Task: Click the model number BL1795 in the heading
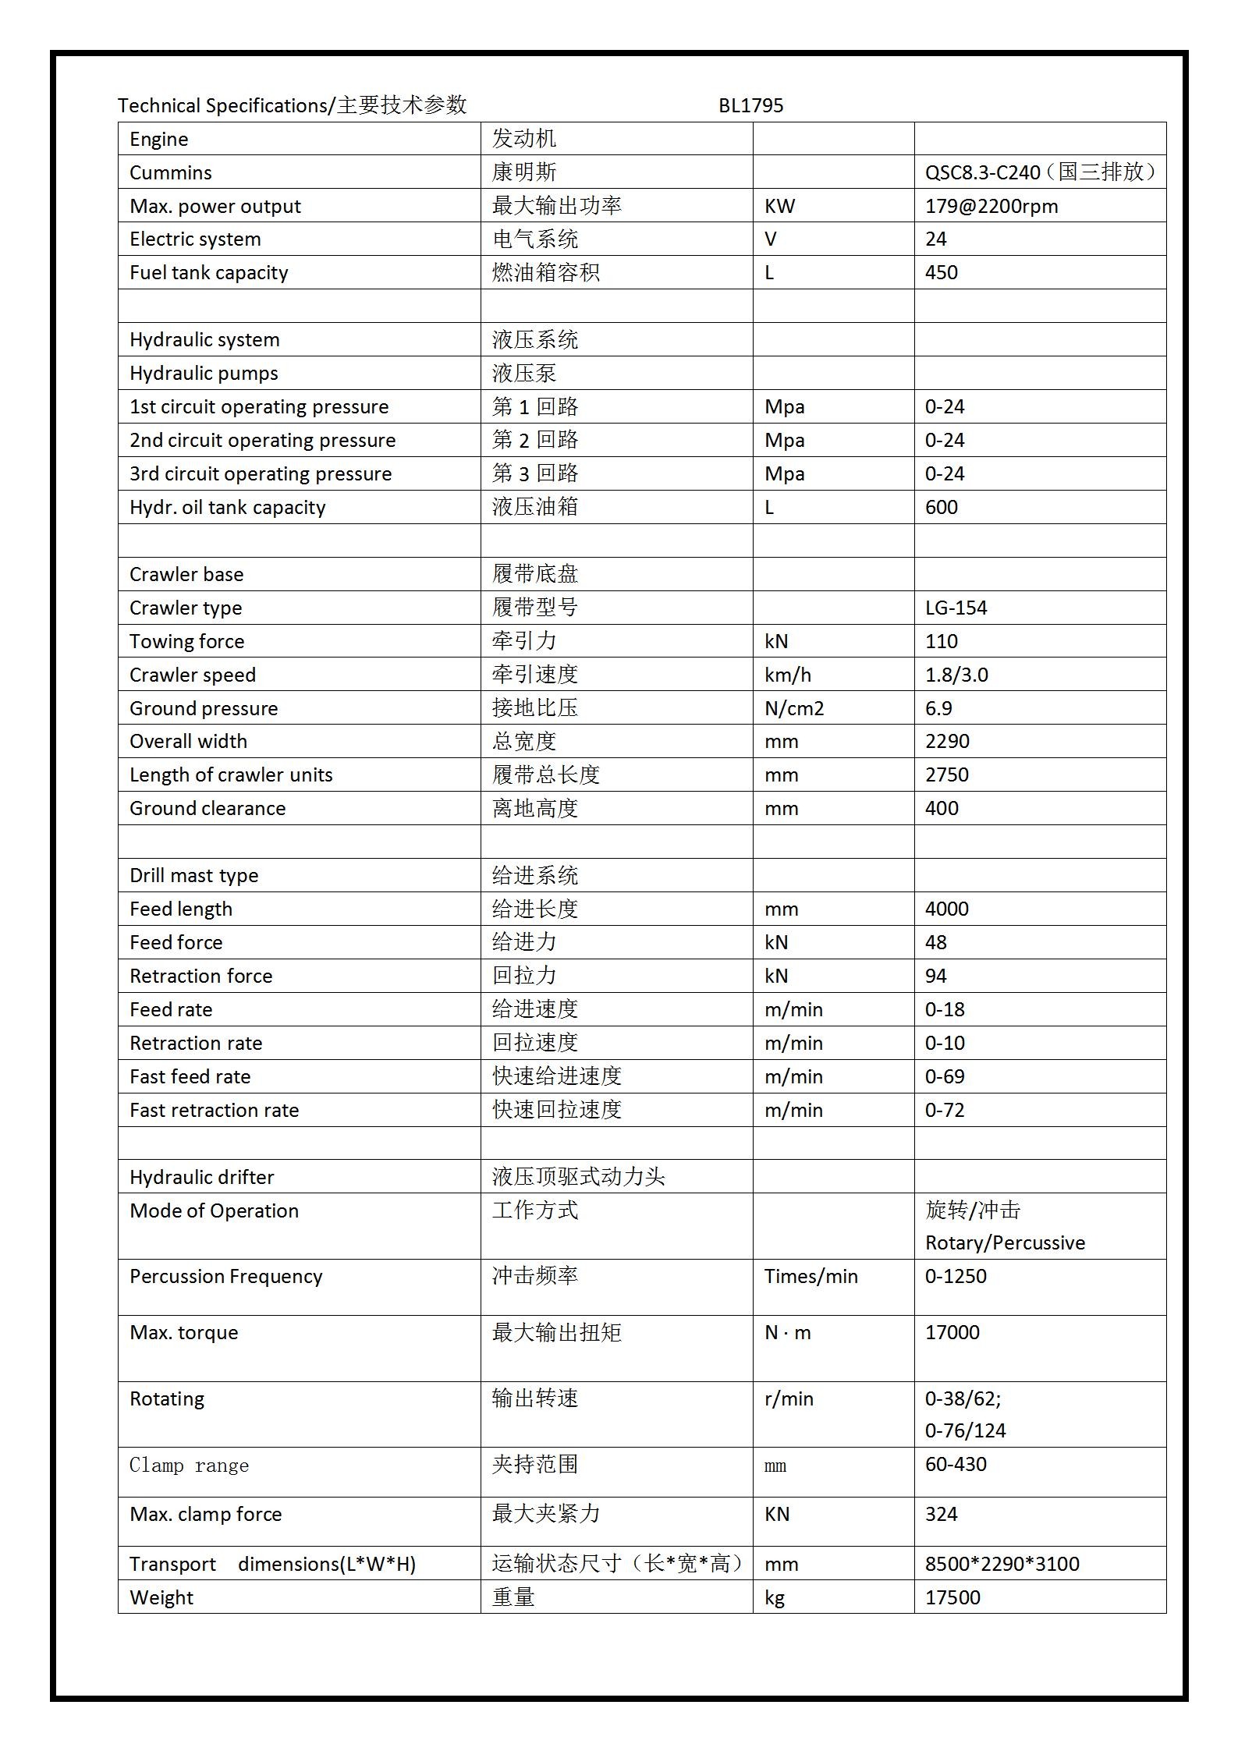coord(750,105)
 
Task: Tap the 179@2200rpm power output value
coord(991,206)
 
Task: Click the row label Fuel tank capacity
coord(208,272)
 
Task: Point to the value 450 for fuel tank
coord(941,272)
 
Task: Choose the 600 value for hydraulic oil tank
coord(941,507)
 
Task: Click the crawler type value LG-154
coord(956,608)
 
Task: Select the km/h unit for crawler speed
coord(787,675)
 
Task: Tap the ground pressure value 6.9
coord(938,708)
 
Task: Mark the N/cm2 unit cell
coord(794,708)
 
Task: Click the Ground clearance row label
coord(208,808)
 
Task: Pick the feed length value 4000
coord(946,909)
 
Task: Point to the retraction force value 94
coord(935,976)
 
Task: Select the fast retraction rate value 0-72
coord(945,1110)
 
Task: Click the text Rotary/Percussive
coord(1005,1242)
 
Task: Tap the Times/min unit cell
coord(811,1276)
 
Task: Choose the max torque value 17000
coord(952,1332)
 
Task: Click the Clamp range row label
coord(189,1466)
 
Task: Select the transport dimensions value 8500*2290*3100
coord(1002,1564)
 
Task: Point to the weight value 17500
coord(952,1597)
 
